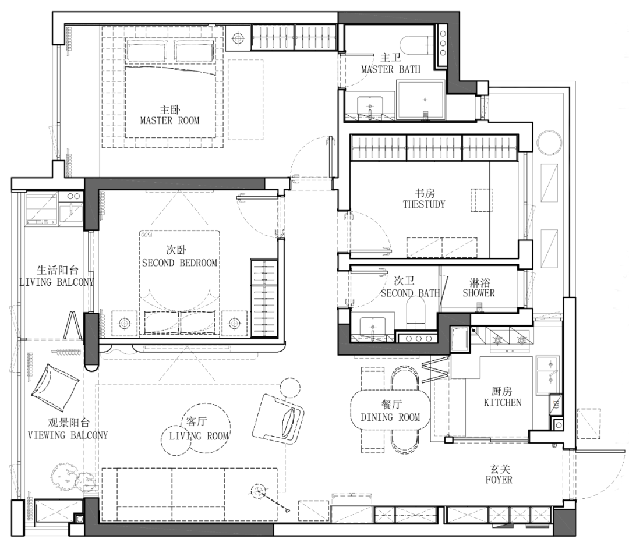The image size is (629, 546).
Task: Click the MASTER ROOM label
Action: point(169,120)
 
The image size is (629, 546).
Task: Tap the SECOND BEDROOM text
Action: point(180,263)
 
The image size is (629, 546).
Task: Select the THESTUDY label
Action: point(424,204)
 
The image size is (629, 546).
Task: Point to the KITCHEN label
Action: point(503,402)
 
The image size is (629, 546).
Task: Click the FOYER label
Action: point(499,480)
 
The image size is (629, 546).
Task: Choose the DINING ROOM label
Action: point(390,417)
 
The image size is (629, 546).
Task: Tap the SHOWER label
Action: point(479,293)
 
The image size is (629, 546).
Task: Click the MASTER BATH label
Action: point(391,69)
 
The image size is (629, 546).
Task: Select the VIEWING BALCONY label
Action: point(68,435)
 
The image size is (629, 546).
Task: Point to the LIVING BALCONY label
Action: point(56,282)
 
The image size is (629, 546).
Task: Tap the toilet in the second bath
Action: point(416,313)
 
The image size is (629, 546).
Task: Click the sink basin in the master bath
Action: point(370,107)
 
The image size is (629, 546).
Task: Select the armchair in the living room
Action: point(278,418)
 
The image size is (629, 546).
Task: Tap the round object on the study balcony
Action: point(550,142)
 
